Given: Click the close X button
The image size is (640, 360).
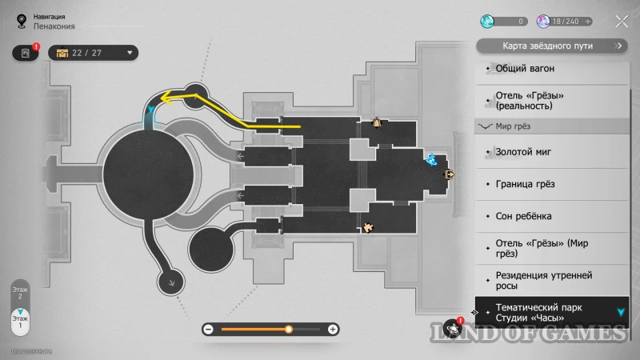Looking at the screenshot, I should click(x=622, y=22).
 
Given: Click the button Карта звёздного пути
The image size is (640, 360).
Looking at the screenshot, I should click(x=552, y=46).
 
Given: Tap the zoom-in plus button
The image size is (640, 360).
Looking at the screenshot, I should click(x=334, y=329).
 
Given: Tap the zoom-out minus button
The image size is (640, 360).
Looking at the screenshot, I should click(x=208, y=329).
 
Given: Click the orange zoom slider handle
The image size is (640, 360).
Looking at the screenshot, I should click(x=289, y=329).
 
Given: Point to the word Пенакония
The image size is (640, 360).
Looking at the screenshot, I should click(x=54, y=26).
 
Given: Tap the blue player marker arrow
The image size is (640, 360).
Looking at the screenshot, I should click(x=152, y=109).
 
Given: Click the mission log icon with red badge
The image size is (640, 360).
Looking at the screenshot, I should click(x=26, y=53).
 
